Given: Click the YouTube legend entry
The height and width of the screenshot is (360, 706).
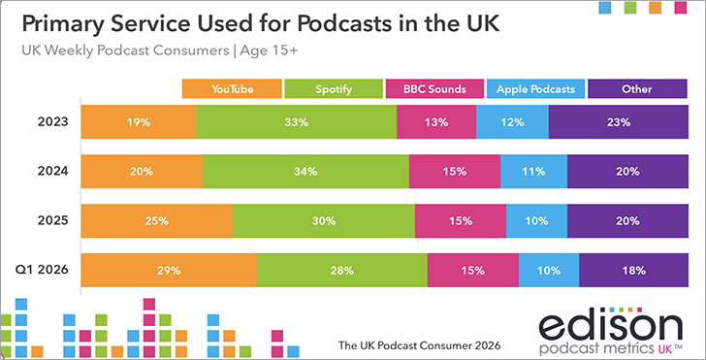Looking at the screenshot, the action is pyautogui.click(x=232, y=88).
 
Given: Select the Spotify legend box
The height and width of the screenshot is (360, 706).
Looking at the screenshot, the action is pyautogui.click(x=334, y=88).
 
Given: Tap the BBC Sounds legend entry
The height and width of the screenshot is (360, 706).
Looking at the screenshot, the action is pyautogui.click(x=434, y=88).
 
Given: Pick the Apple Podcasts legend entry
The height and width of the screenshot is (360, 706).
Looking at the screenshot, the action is pyautogui.click(x=535, y=88).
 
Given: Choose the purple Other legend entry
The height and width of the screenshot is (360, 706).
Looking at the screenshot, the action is pyautogui.click(x=637, y=88).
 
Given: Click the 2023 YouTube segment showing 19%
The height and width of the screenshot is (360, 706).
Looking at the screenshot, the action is pyautogui.click(x=139, y=121).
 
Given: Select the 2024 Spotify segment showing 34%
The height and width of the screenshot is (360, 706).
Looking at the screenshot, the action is pyautogui.click(x=305, y=171).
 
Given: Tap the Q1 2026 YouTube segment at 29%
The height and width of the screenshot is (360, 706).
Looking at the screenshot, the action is pyautogui.click(x=169, y=271).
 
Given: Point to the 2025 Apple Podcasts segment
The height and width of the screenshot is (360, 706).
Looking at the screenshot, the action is pyautogui.click(x=536, y=221).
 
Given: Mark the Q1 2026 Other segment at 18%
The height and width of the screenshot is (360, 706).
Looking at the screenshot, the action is pyautogui.click(x=634, y=271).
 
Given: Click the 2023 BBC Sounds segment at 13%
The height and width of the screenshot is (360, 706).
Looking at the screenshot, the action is pyautogui.click(x=436, y=121).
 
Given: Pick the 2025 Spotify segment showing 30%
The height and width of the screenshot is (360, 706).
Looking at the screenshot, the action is pyautogui.click(x=324, y=221).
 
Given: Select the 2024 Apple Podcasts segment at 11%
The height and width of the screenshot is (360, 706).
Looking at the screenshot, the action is pyautogui.click(x=534, y=171).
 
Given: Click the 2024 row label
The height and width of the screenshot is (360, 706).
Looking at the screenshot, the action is pyautogui.click(x=52, y=171).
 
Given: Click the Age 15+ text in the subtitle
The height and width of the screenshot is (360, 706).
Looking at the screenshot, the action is pyautogui.click(x=269, y=50).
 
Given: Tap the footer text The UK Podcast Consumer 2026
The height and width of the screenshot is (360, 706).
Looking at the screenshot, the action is pyautogui.click(x=420, y=346).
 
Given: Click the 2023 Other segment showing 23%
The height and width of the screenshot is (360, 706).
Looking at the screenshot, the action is pyautogui.click(x=619, y=121).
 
